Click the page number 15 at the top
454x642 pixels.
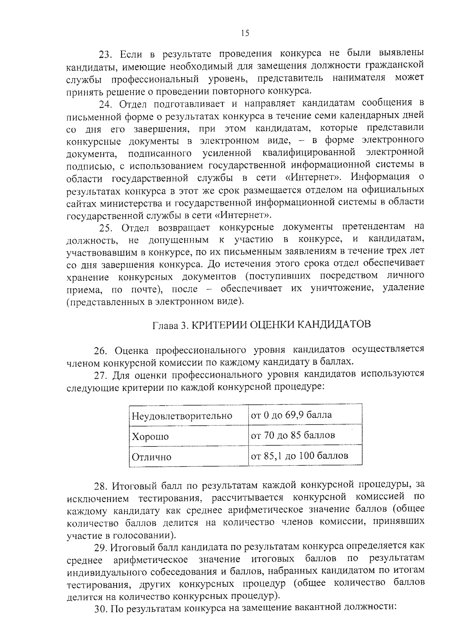[x=245, y=33]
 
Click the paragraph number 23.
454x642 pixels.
[x=104, y=54]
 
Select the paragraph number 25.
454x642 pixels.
[x=105, y=227]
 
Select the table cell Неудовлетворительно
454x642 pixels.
[x=182, y=416]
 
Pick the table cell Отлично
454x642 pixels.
[x=151, y=457]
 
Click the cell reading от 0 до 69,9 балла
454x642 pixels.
[x=291, y=415]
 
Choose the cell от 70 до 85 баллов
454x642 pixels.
[x=293, y=435]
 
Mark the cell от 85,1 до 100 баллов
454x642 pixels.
[x=299, y=455]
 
